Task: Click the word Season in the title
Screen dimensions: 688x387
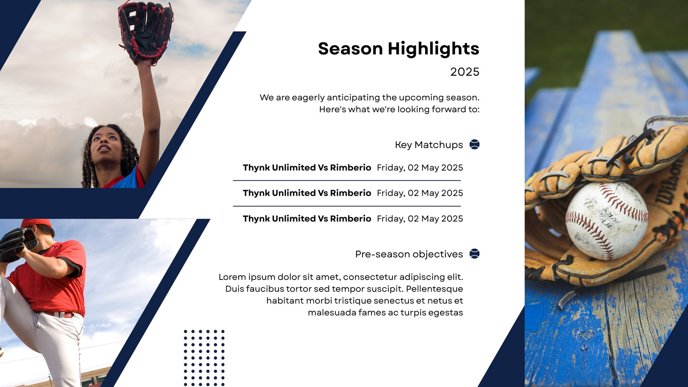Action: coord(350,49)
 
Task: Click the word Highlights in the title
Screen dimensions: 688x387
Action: coord(433,49)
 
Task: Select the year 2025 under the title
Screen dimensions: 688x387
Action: coord(465,72)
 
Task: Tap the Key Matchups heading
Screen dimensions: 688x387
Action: coord(429,144)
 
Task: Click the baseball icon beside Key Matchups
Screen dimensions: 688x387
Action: coord(475,144)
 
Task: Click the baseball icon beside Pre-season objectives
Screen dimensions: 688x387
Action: coord(475,254)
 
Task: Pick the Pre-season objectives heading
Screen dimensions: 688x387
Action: coord(409,254)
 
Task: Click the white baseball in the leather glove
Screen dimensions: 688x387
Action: coord(607,221)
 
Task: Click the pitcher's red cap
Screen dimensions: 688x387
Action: coord(36,223)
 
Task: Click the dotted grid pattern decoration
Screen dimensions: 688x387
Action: coord(204,358)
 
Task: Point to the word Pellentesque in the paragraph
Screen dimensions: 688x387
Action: coord(434,289)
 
